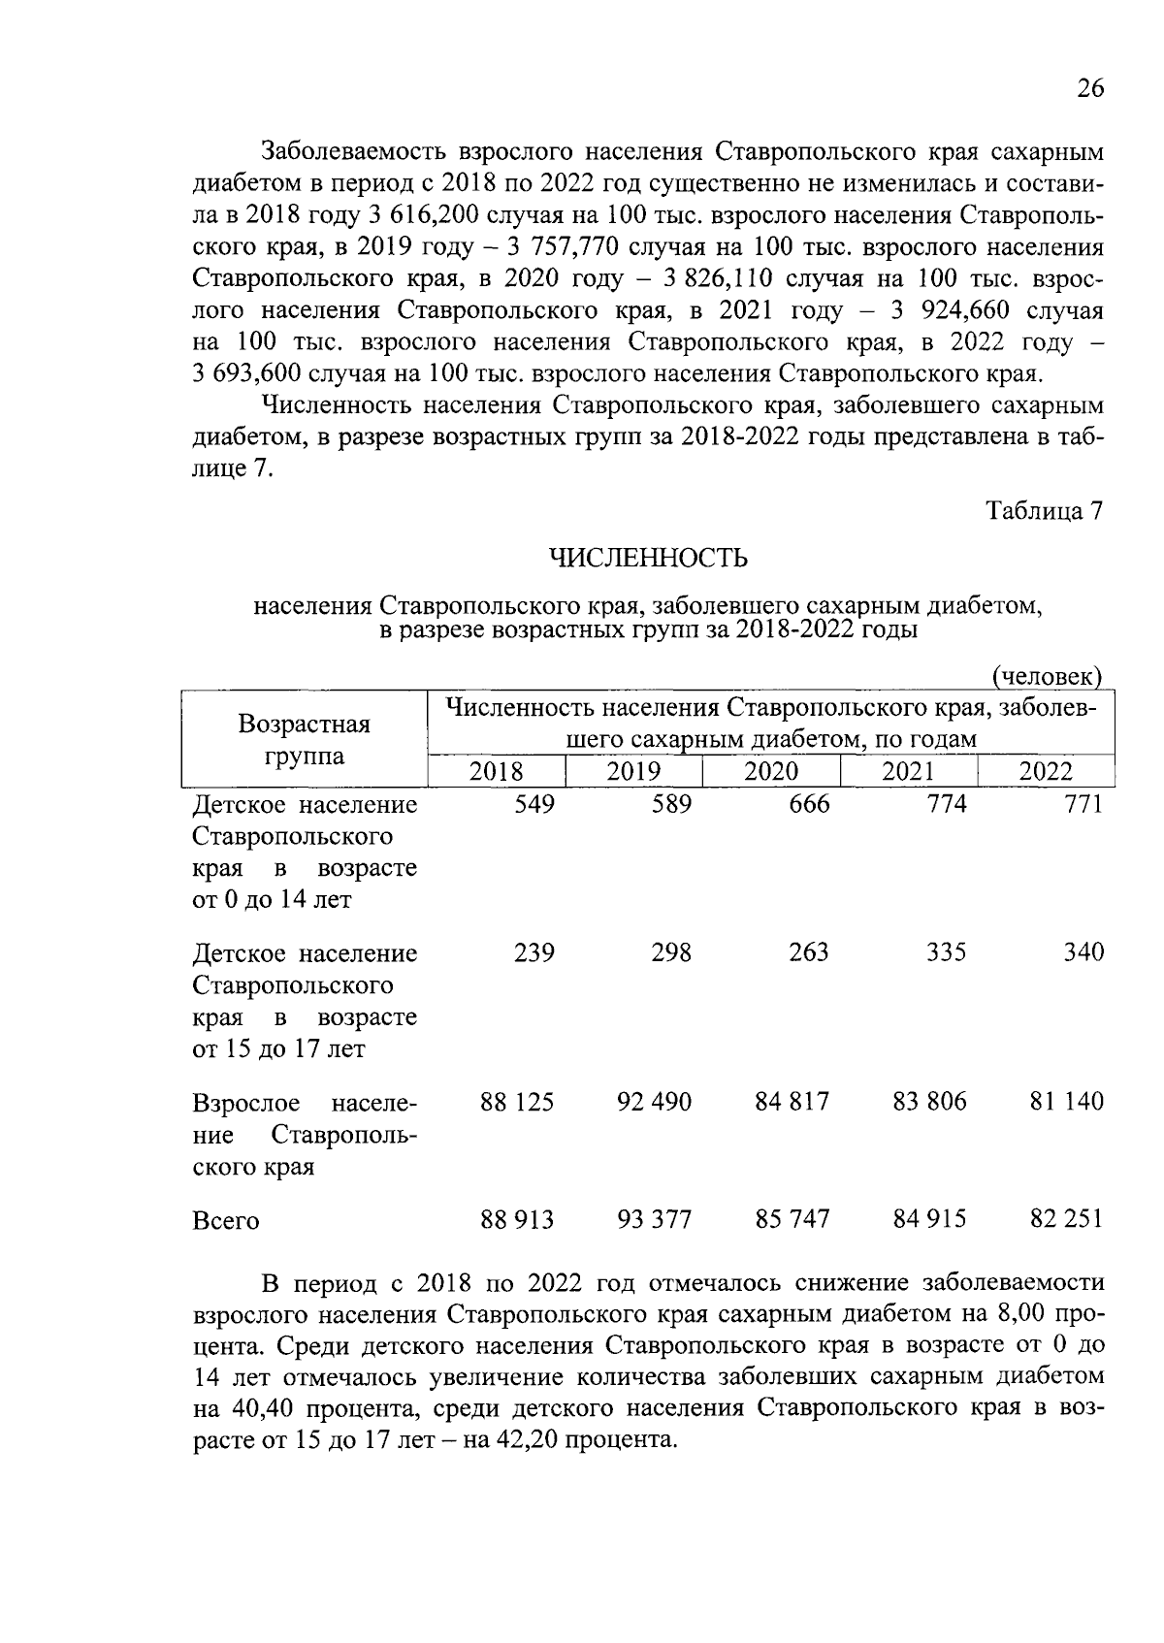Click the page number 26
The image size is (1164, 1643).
point(1089,89)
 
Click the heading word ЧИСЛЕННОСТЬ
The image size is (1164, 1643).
point(648,559)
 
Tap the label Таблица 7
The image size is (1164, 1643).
point(1045,511)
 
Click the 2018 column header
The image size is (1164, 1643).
point(496,771)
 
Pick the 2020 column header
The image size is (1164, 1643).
point(771,771)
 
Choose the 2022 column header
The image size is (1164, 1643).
point(1046,771)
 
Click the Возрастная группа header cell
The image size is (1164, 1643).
point(305,740)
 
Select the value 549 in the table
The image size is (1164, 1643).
point(533,805)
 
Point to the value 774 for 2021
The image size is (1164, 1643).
point(946,805)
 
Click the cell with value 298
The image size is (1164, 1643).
point(671,953)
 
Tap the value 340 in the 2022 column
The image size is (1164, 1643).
point(1083,953)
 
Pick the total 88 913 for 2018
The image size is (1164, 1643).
point(517,1219)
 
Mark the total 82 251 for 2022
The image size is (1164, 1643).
point(1067,1219)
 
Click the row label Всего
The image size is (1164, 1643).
point(226,1221)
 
